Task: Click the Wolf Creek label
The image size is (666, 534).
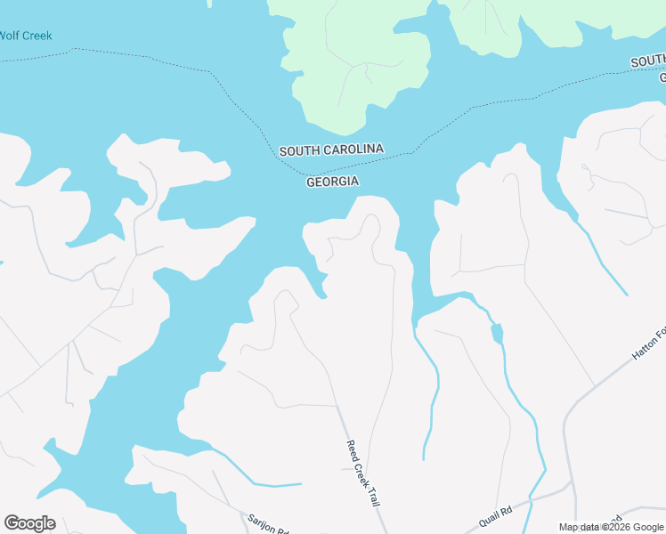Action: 26,36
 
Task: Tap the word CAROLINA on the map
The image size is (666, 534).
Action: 353,150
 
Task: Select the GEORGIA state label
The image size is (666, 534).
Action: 332,182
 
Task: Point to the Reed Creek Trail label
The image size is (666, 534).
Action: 362,473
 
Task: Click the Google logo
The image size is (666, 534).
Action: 29,523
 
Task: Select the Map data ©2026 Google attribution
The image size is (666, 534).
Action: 611,527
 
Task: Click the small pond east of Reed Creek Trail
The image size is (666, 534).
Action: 497,333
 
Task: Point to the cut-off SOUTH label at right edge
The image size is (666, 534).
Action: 648,61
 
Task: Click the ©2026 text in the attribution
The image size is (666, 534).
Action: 618,527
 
